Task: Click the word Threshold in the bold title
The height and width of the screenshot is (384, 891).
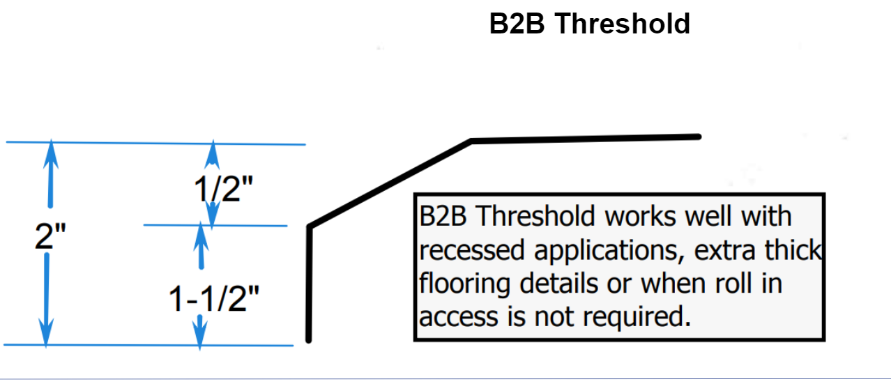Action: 623,24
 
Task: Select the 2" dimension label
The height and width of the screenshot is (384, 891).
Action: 49,238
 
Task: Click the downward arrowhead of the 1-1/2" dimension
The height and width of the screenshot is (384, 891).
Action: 200,335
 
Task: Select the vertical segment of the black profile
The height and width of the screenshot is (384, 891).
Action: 309,286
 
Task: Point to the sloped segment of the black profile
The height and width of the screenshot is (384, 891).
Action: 390,183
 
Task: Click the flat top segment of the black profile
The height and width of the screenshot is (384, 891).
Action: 586,139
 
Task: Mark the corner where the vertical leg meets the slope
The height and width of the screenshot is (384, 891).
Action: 310,226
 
